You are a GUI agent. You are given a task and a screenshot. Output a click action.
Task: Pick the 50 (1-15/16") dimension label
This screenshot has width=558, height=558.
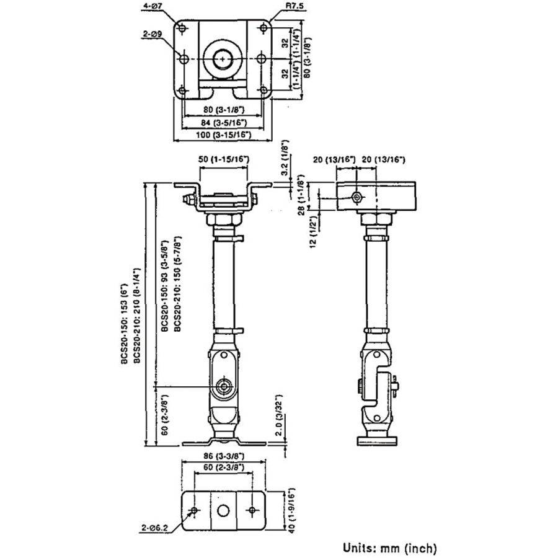point(224,160)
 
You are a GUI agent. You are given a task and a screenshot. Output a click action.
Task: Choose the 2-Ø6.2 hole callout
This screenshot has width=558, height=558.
point(156,528)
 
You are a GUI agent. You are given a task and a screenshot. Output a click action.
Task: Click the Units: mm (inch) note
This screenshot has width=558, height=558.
point(390,547)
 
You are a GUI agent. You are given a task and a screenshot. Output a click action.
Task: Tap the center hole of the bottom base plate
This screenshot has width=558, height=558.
point(224,510)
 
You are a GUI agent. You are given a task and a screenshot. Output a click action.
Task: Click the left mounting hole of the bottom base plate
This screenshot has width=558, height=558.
point(195,510)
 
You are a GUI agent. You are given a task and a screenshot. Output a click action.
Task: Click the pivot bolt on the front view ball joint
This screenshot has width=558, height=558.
point(224,387)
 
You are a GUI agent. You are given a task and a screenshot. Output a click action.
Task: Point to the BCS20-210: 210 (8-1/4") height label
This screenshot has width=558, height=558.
point(135,316)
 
